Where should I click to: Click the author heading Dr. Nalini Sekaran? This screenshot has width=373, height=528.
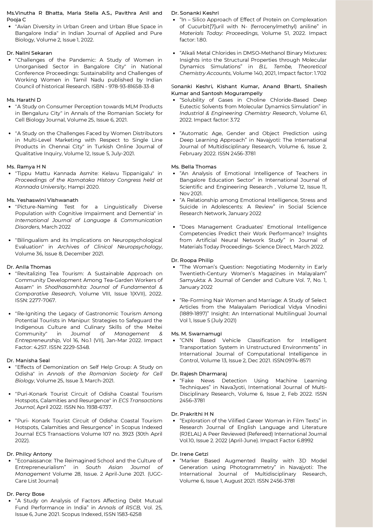click(x=29, y=53)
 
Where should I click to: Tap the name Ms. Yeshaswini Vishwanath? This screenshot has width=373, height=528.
click(x=42, y=200)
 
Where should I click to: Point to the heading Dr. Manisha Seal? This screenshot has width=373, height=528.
click(x=28, y=360)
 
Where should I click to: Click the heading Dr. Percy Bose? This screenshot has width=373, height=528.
click(x=26, y=494)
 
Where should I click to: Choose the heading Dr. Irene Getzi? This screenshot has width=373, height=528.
click(x=190, y=454)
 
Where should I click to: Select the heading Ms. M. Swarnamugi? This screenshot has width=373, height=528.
click(x=196, y=334)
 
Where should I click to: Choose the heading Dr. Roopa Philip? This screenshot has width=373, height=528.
click(x=192, y=260)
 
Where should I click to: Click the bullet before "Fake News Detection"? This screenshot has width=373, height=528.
click(x=174, y=381)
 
